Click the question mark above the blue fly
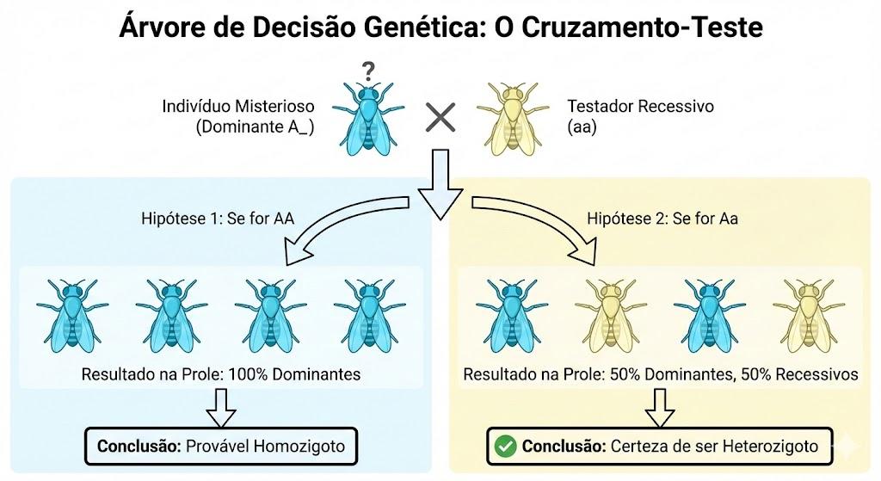tap(368, 71)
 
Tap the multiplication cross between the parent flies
tap(440, 117)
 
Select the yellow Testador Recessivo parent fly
tap(513, 119)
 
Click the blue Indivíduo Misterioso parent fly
tap(368, 119)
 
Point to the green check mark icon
tap(505, 447)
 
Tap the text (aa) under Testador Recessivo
tap(582, 127)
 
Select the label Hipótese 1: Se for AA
tap(218, 218)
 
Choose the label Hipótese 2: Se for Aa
tap(662, 218)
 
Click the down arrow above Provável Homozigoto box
tap(221, 408)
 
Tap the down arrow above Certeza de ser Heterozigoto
tap(659, 408)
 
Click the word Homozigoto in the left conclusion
tap(299, 447)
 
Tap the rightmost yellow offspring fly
tap(809, 316)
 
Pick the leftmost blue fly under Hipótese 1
tap(72, 316)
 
